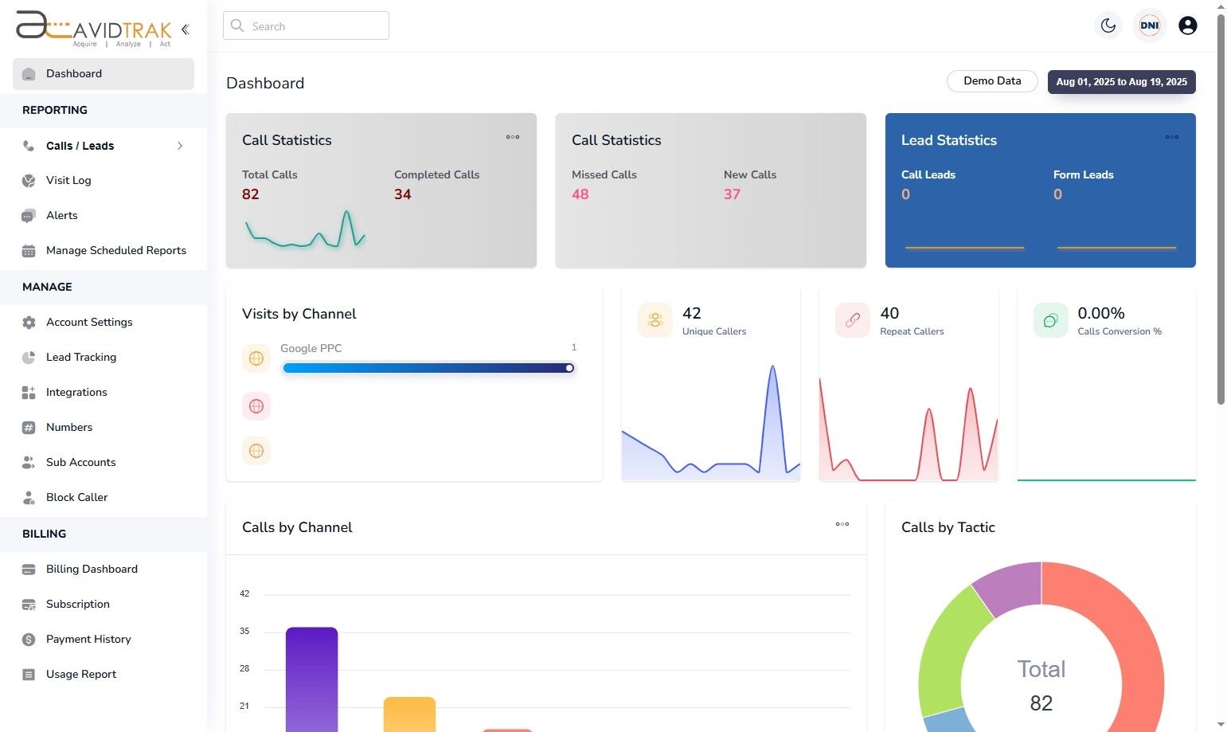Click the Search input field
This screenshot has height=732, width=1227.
(x=306, y=25)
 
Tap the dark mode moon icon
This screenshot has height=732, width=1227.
(x=1108, y=25)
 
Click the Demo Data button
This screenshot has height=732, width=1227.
(x=991, y=81)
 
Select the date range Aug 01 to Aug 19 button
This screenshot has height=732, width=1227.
(x=1121, y=82)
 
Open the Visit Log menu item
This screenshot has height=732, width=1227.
(x=68, y=180)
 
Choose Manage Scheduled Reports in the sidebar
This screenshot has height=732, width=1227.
(x=115, y=250)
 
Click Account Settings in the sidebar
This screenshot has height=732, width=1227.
(x=89, y=322)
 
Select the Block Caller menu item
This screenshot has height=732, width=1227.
(x=76, y=497)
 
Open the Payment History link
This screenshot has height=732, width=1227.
(x=88, y=639)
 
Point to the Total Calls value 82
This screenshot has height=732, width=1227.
(x=251, y=194)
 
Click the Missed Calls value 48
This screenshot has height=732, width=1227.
(x=580, y=194)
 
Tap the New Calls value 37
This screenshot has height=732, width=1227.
(x=732, y=194)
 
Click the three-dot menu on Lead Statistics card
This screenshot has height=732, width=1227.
(x=1171, y=137)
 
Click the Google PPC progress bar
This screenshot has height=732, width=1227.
(x=428, y=368)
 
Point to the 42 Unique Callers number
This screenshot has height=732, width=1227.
(x=692, y=314)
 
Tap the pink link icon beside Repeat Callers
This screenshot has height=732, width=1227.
(x=852, y=320)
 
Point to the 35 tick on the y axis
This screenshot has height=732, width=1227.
(x=244, y=631)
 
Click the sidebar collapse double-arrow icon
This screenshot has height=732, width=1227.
(x=186, y=29)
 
